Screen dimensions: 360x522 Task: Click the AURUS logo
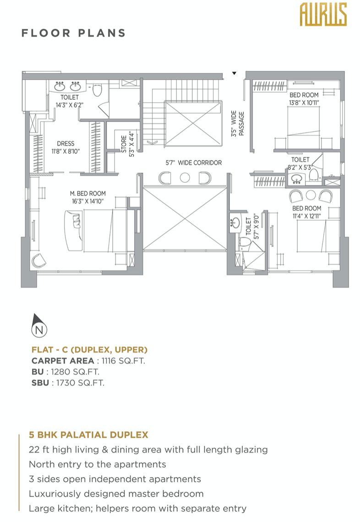323,14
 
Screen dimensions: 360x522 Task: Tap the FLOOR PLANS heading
74,33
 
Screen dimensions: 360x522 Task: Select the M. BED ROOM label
87,193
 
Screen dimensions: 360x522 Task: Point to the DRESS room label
65,143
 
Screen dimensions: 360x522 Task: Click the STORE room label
124,144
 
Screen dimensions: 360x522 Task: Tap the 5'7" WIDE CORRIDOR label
193,163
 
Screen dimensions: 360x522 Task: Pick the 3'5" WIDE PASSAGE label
238,124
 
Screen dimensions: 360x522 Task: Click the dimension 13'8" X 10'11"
304,103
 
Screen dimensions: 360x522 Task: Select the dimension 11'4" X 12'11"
306,216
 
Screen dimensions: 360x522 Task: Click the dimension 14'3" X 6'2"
69,105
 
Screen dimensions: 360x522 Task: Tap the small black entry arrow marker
235,73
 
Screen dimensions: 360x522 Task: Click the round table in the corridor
185,178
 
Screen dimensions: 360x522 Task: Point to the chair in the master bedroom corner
38,261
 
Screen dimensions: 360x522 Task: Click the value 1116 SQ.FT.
123,361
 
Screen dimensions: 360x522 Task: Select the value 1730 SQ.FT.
80,383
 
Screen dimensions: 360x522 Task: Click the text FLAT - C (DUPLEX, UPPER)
89,350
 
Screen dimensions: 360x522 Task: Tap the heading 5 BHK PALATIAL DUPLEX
88,435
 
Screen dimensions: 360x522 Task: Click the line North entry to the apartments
97,464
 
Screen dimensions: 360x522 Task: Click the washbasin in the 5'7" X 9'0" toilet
236,223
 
